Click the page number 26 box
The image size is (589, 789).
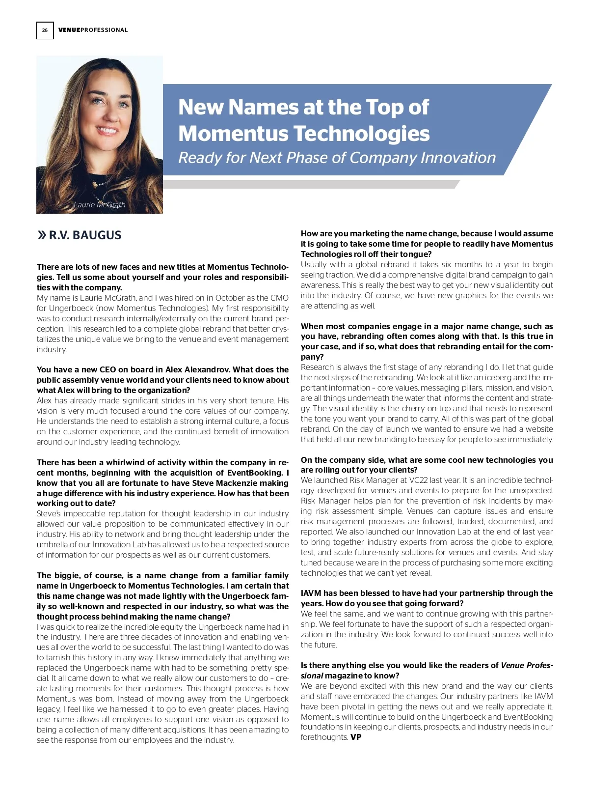coord(45,30)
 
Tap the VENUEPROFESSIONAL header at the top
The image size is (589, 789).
coord(93,30)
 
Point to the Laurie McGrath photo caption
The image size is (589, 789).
coord(99,205)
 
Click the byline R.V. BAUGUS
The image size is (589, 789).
coord(85,235)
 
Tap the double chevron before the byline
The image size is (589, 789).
coord(42,235)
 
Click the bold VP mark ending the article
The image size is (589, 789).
coord(356,737)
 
